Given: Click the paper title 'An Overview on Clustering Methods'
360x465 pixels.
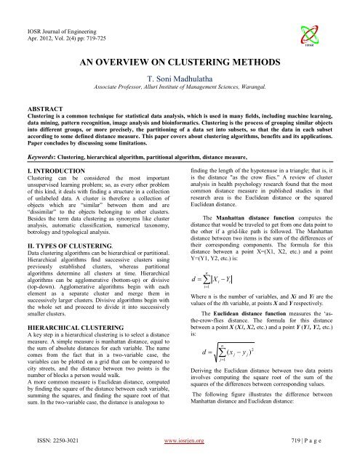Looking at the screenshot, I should click(180, 63).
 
